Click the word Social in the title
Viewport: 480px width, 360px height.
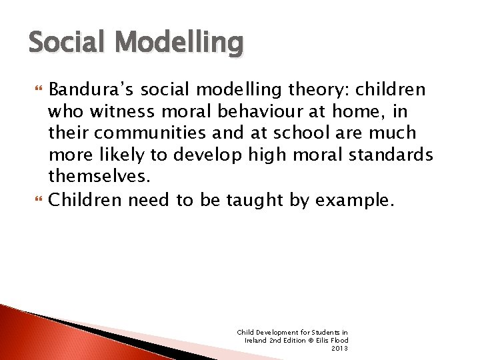pos(62,43)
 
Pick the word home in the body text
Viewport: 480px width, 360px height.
pos(350,111)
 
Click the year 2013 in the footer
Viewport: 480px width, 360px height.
pos(339,348)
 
